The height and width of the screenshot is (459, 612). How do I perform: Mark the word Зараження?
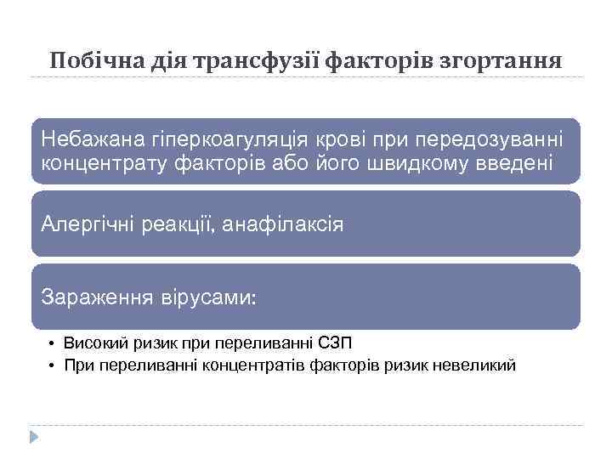coord(94,298)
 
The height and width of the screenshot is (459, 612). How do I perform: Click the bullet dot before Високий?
coord(52,344)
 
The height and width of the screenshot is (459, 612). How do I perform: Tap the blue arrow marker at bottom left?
coord(34,437)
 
